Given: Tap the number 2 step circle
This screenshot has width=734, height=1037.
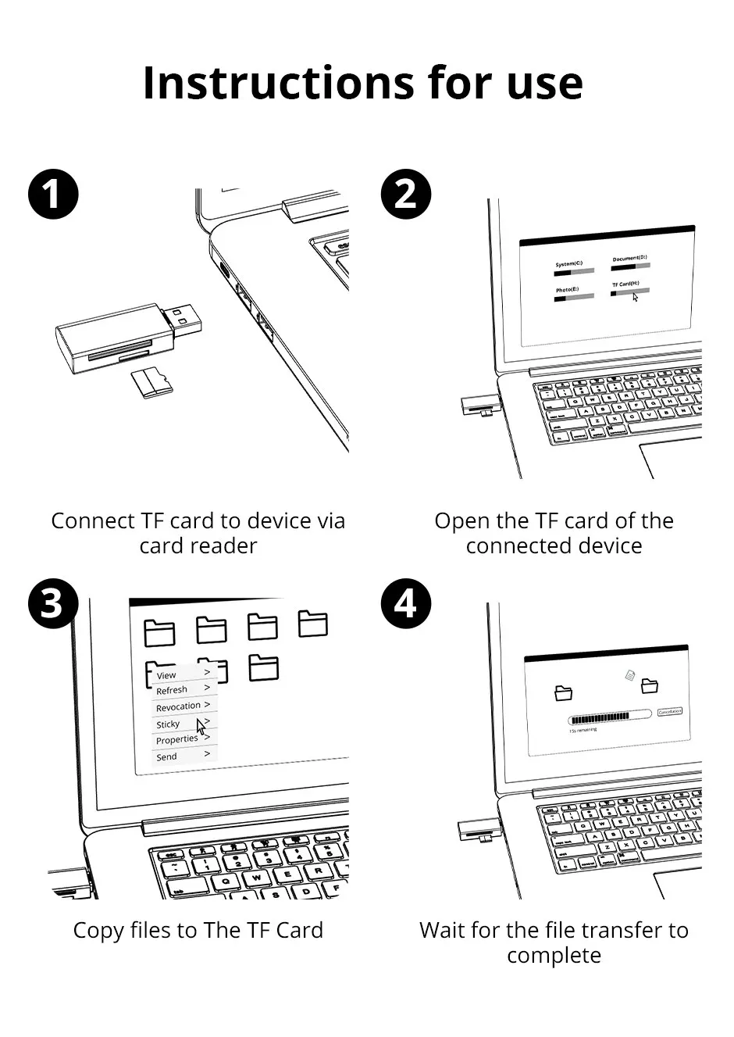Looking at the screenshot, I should tap(406, 194).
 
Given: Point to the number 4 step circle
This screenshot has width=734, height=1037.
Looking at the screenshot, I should tap(406, 604).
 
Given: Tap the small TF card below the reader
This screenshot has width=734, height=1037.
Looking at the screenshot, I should tap(151, 381).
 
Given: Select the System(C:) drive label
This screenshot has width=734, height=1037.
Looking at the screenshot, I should tap(568, 264).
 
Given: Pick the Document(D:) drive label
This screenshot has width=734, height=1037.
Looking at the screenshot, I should tap(629, 258).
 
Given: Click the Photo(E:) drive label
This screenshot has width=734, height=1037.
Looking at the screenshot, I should tap(567, 290).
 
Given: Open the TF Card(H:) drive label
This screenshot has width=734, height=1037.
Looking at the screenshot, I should tap(625, 284).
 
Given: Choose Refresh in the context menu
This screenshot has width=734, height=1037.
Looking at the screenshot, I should tap(172, 691).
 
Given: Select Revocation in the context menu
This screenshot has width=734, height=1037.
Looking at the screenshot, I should tap(178, 707).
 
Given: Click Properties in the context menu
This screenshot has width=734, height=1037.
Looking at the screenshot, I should tap(177, 740).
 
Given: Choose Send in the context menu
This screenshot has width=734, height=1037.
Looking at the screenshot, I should tap(166, 757).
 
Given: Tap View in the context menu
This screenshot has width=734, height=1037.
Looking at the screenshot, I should tap(166, 675).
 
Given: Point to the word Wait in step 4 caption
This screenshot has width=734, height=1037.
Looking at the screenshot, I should tap(443, 931).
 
